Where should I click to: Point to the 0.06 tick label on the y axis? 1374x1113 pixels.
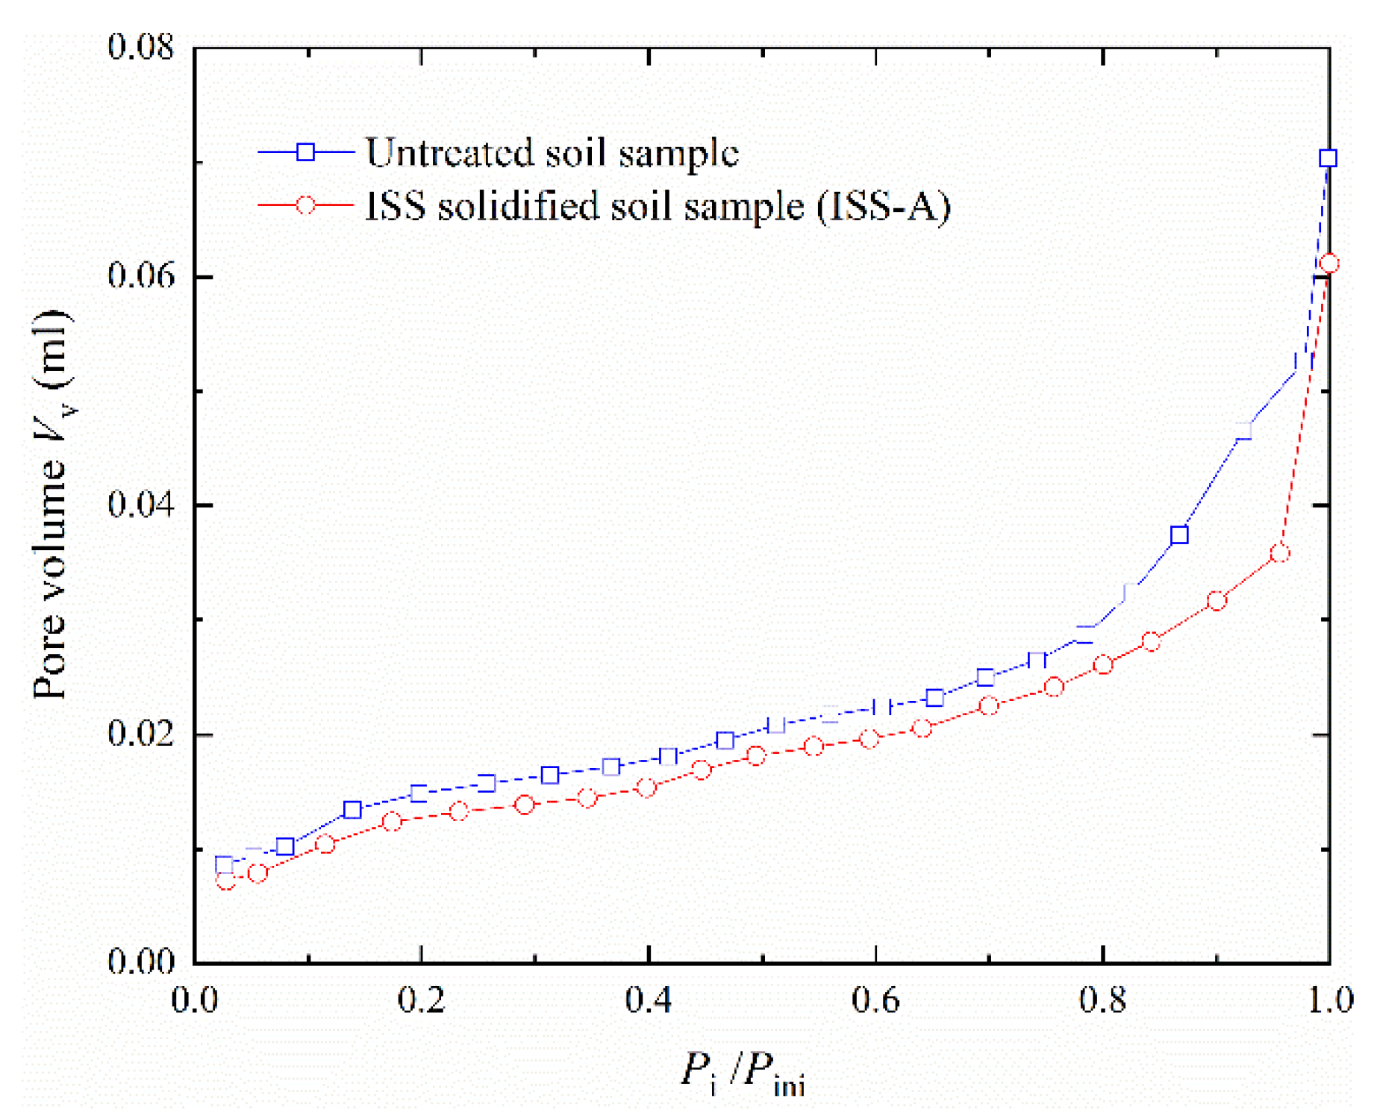pos(140,275)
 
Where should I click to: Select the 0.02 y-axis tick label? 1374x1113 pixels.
pos(140,733)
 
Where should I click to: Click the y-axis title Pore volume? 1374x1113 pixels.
pos(51,505)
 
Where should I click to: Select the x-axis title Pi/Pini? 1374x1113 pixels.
pos(743,1073)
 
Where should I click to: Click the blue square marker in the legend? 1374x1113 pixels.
pos(305,152)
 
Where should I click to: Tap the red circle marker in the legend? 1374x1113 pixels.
pos(305,205)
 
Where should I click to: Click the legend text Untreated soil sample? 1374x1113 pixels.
pos(552,152)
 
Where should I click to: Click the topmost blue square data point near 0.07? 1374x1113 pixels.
pos(1327,158)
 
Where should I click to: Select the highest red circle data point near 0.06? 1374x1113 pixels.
pos(1328,264)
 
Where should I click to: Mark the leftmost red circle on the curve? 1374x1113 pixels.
pos(225,881)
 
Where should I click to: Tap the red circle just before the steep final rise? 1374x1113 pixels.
pos(1280,553)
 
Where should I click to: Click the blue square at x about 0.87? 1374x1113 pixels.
pos(1179,534)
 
